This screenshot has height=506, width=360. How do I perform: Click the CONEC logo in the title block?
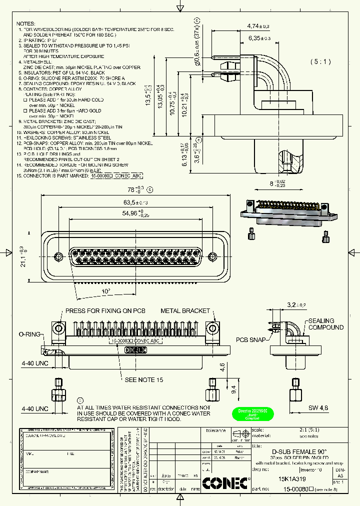[226, 482]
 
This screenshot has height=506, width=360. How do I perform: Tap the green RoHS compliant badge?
[252, 414]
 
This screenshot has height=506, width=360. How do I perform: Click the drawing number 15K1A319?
[292, 478]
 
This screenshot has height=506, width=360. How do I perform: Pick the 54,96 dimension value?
[133, 213]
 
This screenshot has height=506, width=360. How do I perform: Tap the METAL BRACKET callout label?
[185, 310]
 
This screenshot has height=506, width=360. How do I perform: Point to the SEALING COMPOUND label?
[325, 324]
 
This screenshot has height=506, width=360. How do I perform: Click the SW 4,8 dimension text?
[318, 408]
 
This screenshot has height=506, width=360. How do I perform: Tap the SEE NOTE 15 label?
[144, 380]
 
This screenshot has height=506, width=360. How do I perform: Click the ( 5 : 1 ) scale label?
[320, 61]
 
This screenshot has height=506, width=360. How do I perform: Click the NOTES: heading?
[26, 23]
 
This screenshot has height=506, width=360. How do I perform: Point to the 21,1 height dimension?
[22, 256]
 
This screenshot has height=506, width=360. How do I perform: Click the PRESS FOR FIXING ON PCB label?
[105, 310]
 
